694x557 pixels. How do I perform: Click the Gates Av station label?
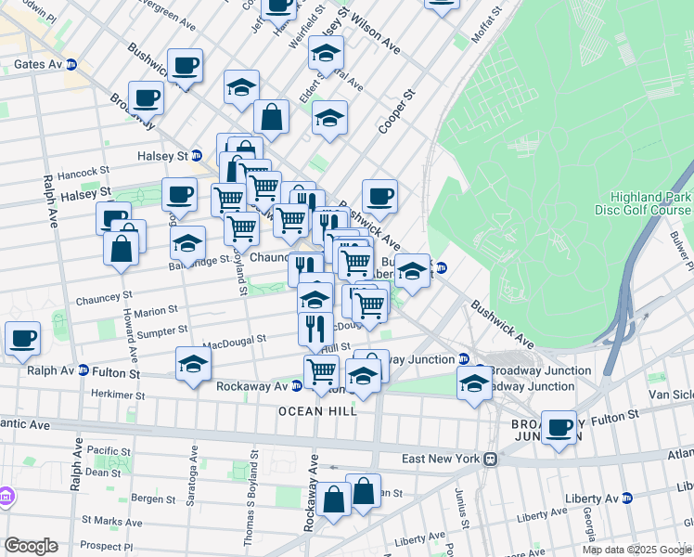pyautogui.click(x=37, y=65)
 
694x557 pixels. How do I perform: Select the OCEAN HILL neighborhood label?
pyautogui.click(x=318, y=410)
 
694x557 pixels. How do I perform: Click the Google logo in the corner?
pyautogui.click(x=31, y=546)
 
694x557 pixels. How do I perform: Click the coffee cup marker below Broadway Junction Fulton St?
pyautogui.click(x=559, y=427)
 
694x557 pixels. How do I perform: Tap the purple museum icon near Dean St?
pyautogui.click(x=6, y=497)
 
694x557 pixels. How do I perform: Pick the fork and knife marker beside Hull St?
pyautogui.click(x=315, y=328)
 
